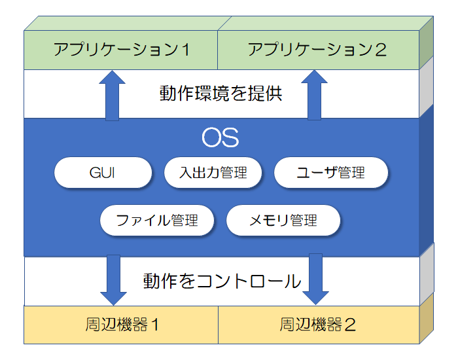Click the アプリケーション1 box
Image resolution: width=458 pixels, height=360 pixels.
[121, 50]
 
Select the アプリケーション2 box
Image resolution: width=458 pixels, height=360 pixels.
[317, 50]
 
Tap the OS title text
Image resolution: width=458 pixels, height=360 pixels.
[220, 138]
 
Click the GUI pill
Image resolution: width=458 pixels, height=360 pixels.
[103, 173]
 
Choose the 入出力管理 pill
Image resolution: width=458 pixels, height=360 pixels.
[213, 173]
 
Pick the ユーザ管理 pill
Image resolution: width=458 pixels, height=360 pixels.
[330, 173]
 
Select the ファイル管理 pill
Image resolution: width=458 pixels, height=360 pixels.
[157, 221]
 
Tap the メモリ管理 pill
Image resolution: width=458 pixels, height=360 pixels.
[283, 221]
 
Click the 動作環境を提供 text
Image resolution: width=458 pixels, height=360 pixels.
[220, 94]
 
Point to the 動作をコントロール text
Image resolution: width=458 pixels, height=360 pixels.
[221, 281]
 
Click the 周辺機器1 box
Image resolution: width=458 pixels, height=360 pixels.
[121, 324]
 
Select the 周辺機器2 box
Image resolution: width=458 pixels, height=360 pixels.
[317, 324]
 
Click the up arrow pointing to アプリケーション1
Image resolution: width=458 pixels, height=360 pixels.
[113, 95]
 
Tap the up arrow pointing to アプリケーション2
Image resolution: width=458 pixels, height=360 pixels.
[315, 95]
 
